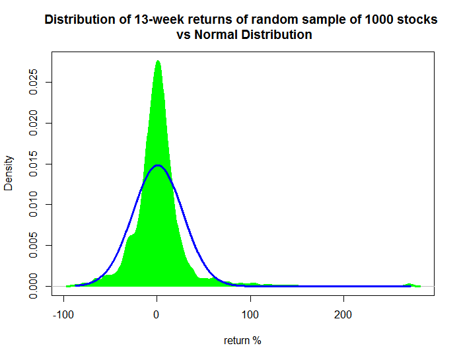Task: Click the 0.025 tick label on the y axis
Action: [x=34, y=82]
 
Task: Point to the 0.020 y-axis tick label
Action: [x=34, y=123]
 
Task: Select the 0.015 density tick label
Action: [x=34, y=164]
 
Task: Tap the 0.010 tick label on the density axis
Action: [x=34, y=204]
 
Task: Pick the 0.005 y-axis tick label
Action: [x=34, y=245]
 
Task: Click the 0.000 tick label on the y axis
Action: [x=34, y=286]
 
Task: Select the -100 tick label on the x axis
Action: [x=63, y=315]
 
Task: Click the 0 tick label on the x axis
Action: [x=157, y=315]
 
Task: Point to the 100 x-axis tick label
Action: [x=250, y=315]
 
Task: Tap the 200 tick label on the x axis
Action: [x=343, y=315]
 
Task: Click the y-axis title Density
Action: [x=9, y=173]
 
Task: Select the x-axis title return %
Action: [x=242, y=341]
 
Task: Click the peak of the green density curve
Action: [x=158, y=61]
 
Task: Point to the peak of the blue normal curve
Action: [x=158, y=165]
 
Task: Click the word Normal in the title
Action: [x=216, y=35]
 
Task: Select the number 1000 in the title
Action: [x=379, y=20]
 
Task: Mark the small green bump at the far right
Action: [x=409, y=285]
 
